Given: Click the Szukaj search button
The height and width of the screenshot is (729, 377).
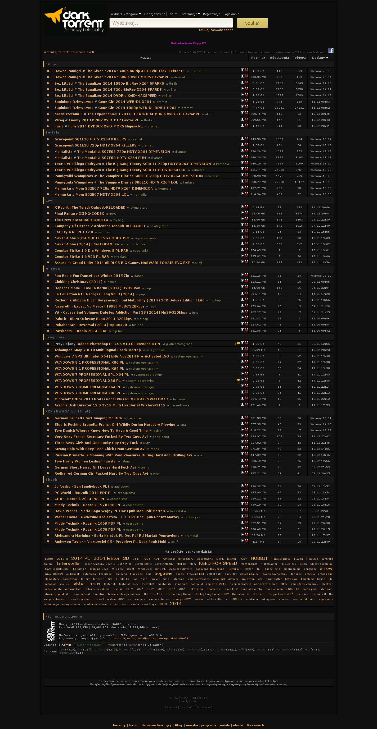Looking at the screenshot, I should [x=252, y=23].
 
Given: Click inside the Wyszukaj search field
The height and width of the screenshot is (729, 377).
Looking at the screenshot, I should [x=171, y=23].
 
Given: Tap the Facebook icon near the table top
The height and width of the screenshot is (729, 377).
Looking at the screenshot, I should [x=331, y=51].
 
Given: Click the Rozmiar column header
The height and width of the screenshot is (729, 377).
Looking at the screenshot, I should [x=258, y=58].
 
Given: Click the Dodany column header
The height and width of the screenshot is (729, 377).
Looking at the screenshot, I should [x=320, y=58].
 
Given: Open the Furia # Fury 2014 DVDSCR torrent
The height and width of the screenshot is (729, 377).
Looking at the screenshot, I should [x=98, y=126].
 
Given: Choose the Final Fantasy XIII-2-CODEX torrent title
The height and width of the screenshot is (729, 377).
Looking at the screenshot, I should [x=79, y=214].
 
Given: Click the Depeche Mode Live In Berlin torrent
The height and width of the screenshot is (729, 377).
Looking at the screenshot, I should [x=97, y=288].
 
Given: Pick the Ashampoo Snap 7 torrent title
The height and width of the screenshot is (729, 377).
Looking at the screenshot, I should [x=97, y=350].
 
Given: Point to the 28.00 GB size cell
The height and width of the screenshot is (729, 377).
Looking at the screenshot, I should [x=258, y=214].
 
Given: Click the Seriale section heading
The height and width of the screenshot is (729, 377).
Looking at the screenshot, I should [x=52, y=132].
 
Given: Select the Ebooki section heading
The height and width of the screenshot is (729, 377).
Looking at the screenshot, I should [x=52, y=480].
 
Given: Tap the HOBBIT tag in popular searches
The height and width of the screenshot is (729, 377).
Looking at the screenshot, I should [x=259, y=558].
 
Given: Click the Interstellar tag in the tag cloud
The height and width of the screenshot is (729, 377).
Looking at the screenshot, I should [x=69, y=563].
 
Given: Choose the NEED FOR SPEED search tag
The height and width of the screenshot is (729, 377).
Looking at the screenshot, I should [x=218, y=563].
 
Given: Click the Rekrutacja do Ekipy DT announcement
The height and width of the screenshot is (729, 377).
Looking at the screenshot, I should [x=188, y=43].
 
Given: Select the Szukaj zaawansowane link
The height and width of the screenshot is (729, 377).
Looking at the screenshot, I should [x=216, y=30].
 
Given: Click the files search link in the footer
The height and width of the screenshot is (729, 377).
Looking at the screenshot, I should [x=255, y=725].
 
